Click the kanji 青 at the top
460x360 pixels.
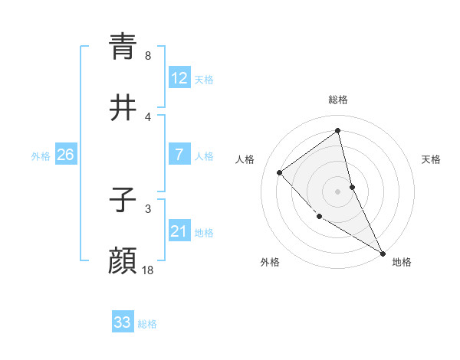(123, 46)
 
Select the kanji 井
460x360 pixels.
(123, 108)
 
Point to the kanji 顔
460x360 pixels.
(123, 261)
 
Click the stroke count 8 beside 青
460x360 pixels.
(148, 56)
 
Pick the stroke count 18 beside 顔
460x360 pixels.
(148, 270)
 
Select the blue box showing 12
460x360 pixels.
(179, 78)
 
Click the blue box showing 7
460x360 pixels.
(179, 155)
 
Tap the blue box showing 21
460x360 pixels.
(179, 231)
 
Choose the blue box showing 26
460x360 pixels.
(65, 155)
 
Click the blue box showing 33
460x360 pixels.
(123, 322)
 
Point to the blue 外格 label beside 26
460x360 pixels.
(41, 156)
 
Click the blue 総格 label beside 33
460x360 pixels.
(147, 324)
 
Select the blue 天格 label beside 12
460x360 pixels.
(204, 80)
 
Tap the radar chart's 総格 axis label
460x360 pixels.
(338, 100)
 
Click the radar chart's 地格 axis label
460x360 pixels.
(402, 262)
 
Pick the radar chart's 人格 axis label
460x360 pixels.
(245, 159)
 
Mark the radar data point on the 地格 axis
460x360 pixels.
(383, 253)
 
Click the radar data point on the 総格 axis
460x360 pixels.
(338, 131)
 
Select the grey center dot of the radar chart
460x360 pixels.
(338, 191)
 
